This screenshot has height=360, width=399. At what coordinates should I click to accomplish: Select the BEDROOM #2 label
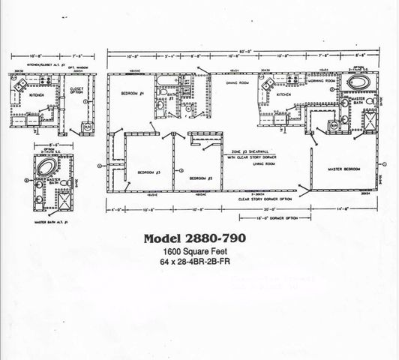click(x=202, y=178)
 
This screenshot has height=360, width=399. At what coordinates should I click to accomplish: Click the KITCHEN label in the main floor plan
click(x=283, y=95)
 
